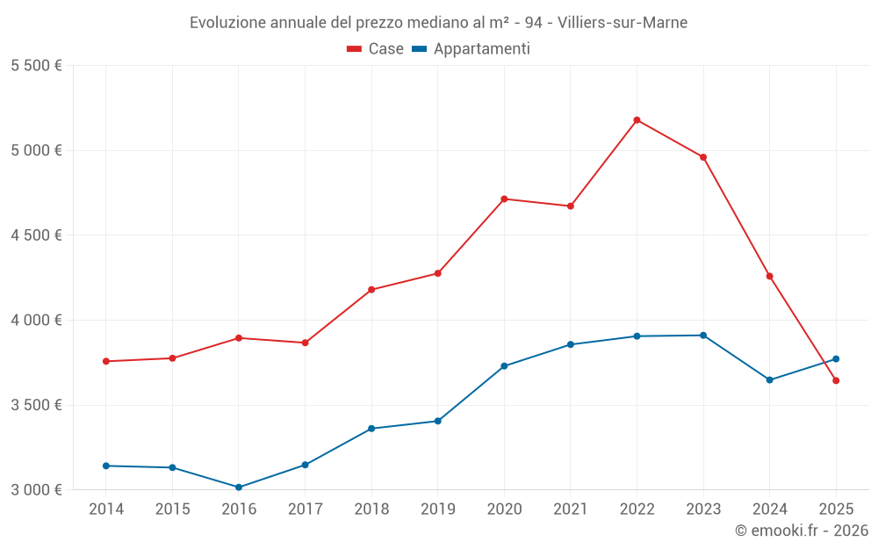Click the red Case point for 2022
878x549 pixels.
click(637, 120)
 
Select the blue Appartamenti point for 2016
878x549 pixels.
click(239, 488)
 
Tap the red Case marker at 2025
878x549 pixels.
click(836, 380)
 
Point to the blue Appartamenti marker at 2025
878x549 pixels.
click(836, 358)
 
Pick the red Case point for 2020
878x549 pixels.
click(504, 199)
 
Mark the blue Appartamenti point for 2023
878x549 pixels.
click(703, 336)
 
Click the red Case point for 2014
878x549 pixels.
click(106, 361)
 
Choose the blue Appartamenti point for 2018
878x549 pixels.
click(371, 429)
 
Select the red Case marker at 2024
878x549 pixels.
click(770, 277)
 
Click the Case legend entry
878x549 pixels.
click(376, 49)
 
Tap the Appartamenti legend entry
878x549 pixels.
click(471, 49)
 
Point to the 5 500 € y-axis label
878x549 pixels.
click(36, 66)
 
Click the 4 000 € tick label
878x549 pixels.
click(36, 321)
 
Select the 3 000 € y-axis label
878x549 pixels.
click(36, 490)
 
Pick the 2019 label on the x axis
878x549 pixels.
click(437, 509)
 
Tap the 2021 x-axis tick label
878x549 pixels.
click(571, 509)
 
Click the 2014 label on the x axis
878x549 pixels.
click(106, 509)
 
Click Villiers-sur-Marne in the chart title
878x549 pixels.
click(623, 22)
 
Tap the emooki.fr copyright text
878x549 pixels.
click(802, 531)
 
